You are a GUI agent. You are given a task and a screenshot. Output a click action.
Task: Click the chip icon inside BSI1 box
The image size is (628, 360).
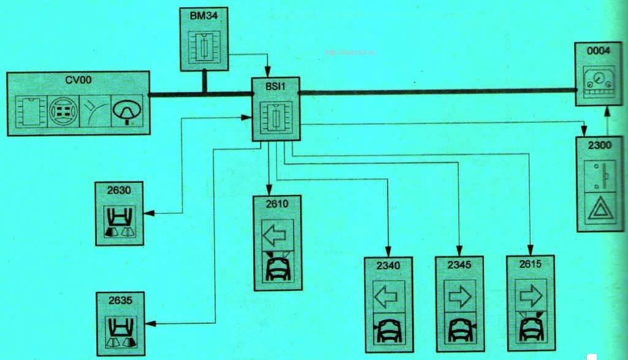coord(274,117)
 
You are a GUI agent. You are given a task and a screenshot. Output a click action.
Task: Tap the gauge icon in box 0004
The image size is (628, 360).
coord(599,79)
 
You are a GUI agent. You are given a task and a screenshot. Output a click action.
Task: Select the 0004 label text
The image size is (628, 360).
coord(598,53)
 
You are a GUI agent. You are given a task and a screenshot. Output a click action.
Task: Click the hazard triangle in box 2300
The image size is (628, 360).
coord(600,210)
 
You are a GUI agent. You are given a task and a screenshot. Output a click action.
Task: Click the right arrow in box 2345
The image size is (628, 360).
coord(459,296)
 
